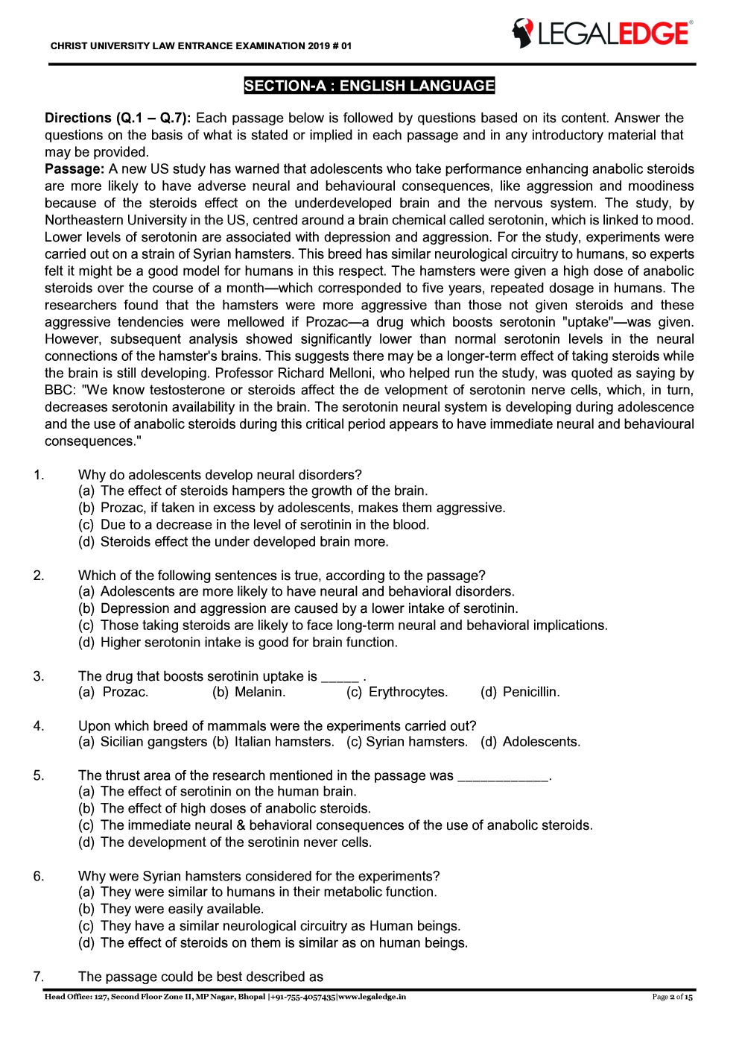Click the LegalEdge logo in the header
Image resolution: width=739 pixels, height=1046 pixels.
602,34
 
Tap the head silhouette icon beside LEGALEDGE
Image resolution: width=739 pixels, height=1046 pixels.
523,34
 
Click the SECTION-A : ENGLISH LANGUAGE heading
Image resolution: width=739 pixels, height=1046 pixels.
369,86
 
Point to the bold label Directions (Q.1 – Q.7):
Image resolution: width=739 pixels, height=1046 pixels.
118,118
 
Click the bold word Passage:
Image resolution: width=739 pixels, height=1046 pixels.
74,169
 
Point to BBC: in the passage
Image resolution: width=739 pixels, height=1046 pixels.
60,390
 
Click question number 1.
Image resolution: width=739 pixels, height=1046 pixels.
39,475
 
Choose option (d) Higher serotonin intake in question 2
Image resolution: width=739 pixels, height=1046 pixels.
238,642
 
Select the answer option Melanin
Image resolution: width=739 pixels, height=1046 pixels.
260,692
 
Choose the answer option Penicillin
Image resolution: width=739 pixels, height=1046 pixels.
531,692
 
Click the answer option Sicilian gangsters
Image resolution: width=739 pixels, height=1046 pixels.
153,742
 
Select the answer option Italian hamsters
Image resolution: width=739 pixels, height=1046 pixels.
284,742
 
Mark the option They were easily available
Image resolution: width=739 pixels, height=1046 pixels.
182,909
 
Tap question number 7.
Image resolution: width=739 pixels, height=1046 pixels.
39,977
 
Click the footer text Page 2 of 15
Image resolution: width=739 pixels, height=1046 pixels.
672,997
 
